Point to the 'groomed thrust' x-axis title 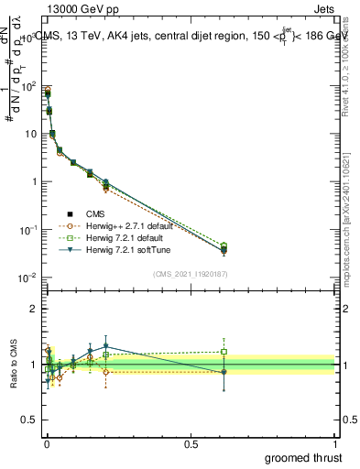(304, 455)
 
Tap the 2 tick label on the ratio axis (33, 309)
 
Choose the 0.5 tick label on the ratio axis (29, 421)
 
